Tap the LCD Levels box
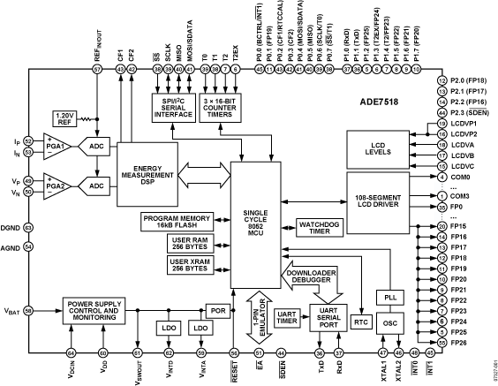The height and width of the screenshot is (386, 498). coord(378,148)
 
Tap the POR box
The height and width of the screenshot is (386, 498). coord(216,310)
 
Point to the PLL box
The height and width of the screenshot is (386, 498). coord(389,299)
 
